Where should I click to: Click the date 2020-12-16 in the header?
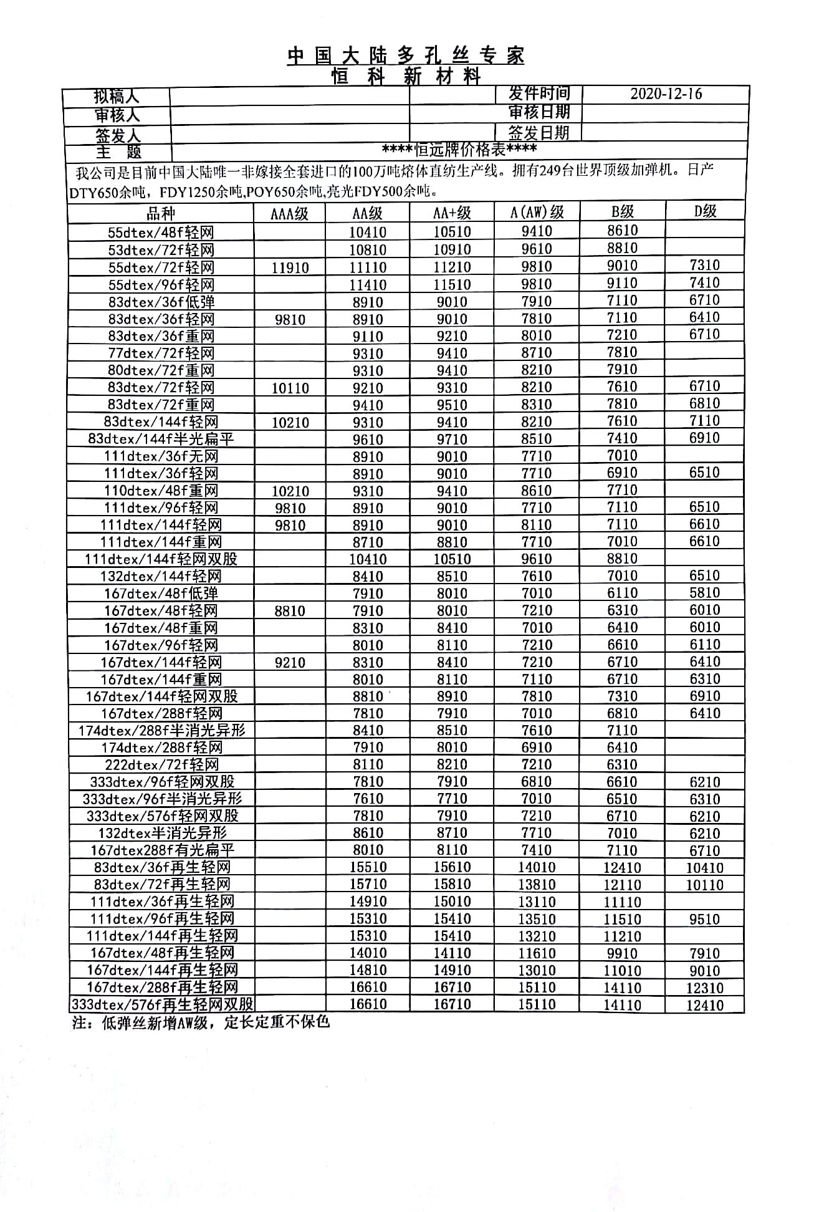tap(666, 94)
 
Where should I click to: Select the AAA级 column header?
tap(289, 214)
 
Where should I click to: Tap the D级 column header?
tap(705, 211)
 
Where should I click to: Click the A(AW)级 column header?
tap(537, 213)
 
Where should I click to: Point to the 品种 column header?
tap(161, 214)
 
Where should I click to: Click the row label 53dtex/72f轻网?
tap(161, 250)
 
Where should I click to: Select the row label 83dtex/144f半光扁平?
tap(161, 439)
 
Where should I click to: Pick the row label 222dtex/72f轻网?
tap(161, 764)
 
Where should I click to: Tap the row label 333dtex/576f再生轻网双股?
tap(162, 1004)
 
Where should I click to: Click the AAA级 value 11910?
tap(290, 268)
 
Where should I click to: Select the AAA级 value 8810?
tap(290, 611)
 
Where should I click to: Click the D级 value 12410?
tap(705, 1005)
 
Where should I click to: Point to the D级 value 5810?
tap(705, 593)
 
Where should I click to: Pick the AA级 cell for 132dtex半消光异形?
tap(368, 833)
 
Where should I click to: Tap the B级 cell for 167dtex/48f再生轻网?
tap(622, 953)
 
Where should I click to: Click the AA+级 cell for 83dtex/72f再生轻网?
tap(452, 885)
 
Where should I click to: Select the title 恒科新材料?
tap(406, 77)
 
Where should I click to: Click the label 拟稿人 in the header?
tap(117, 97)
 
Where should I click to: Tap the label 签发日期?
tap(539, 133)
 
